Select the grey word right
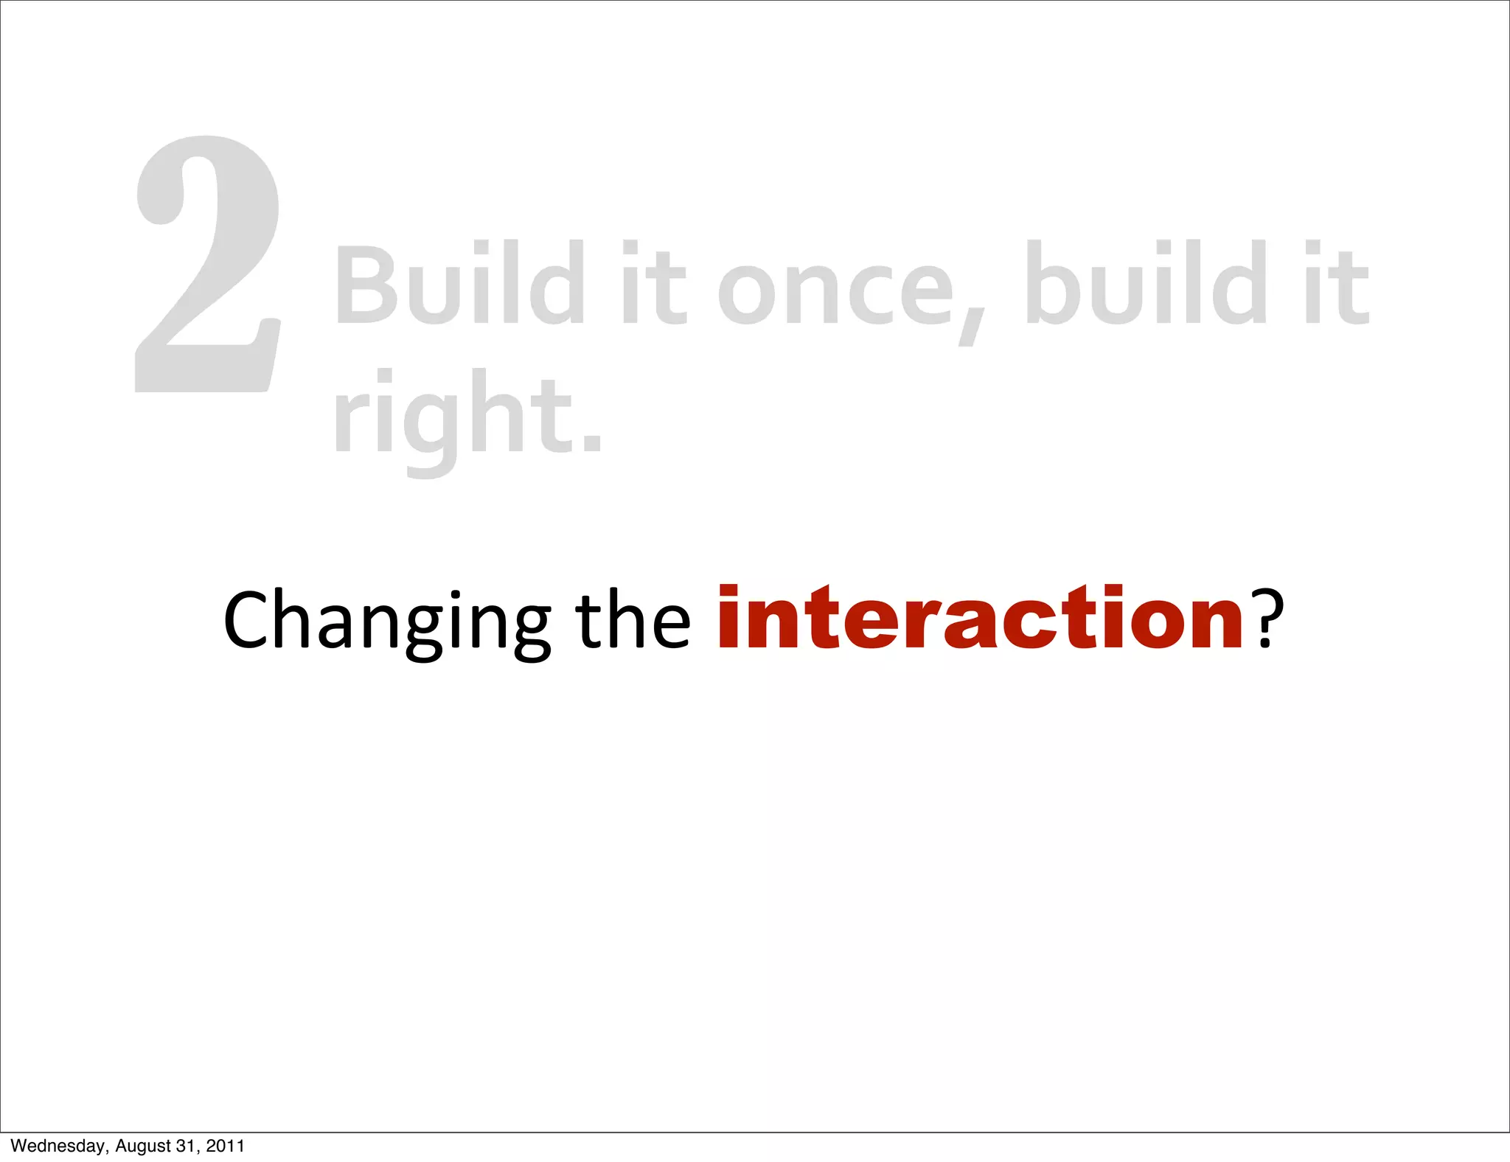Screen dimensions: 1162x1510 (453, 417)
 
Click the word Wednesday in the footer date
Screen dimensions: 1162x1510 (58, 1146)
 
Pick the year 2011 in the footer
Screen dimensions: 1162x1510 (225, 1146)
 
